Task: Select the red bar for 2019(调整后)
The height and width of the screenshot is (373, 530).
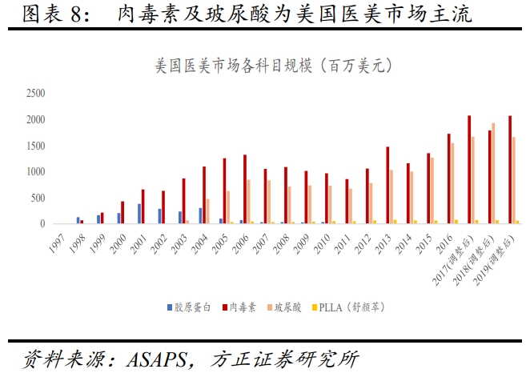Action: pos(510,170)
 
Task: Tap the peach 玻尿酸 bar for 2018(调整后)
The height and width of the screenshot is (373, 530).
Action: pos(494,173)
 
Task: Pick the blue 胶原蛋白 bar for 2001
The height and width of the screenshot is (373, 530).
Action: pos(139,214)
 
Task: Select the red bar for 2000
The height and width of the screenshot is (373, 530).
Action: pos(122,212)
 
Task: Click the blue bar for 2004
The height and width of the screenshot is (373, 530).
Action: pos(200,215)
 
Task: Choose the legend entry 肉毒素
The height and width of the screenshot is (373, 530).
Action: pos(239,307)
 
